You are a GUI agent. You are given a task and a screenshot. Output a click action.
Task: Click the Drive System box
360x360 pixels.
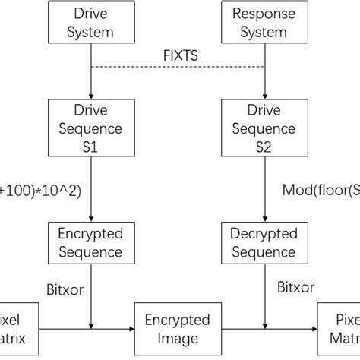90,23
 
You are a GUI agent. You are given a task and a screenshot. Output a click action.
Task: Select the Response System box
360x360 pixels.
264,23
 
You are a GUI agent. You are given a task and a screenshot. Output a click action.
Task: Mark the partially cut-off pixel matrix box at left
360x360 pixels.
17,330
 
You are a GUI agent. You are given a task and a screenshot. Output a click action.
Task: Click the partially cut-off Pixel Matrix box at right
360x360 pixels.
339,330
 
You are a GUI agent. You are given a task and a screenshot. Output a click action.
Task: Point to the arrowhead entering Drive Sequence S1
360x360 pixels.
90,93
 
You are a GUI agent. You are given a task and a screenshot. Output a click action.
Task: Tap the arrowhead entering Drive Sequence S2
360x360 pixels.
264,93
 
